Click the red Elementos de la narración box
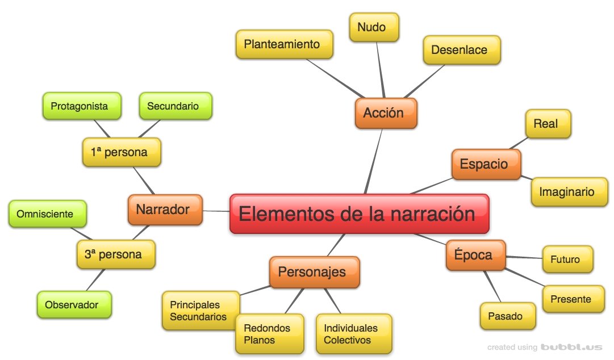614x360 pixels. [359, 214]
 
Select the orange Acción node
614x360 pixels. [386, 113]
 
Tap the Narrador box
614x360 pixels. [165, 210]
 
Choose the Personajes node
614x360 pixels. [314, 272]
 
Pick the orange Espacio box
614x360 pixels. [486, 164]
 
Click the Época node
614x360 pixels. [475, 255]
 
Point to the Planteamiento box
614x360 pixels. [285, 44]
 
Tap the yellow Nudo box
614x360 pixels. [374, 27]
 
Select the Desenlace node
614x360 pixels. [462, 50]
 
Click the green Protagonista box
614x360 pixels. [82, 106]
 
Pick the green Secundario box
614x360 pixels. [176, 106]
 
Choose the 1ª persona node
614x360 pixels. [122, 152]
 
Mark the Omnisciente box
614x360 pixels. [47, 214]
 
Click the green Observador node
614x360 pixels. [74, 305]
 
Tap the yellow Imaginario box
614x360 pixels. [569, 192]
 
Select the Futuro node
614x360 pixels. [567, 259]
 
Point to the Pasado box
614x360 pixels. [507, 316]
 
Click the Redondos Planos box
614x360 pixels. [269, 334]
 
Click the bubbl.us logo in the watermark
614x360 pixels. [571, 347]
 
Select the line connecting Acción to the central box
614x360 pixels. [374, 161]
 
